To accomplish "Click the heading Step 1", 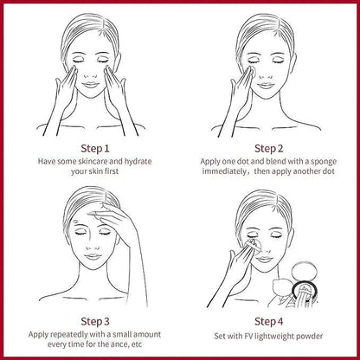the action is coord(95,149).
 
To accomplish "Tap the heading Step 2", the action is coord(269,149).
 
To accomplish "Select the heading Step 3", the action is coord(95,321).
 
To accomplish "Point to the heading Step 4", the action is coord(269,321).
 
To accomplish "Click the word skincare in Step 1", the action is coord(93,161).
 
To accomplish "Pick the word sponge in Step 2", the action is coord(323,162).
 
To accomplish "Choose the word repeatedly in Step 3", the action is coord(68,335).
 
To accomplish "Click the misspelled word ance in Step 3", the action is coord(119,344).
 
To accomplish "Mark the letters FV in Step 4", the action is coord(248,337).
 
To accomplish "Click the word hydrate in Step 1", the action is coord(138,162).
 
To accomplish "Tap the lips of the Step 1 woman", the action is coord(91,85).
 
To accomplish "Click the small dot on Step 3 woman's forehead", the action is coord(75,222).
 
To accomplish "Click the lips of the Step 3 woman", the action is coord(93,256).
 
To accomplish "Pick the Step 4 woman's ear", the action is coord(291,235).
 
